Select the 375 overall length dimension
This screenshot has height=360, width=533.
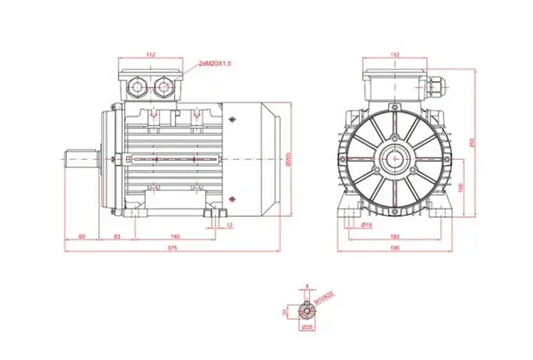tap(172, 247)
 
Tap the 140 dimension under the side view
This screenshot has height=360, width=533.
tap(174, 237)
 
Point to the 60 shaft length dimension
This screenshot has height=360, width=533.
tap(81, 237)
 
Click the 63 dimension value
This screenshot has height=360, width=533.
tap(117, 237)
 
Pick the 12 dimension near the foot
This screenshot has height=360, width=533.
tap(230, 225)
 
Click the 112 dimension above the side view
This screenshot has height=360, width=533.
tap(151, 54)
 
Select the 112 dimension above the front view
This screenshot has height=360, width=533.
tap(395, 54)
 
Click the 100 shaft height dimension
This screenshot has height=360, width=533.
tap(464, 185)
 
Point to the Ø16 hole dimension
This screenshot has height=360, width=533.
tap(366, 225)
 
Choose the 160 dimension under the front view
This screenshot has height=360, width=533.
tap(395, 237)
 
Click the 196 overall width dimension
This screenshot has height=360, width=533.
tap(395, 247)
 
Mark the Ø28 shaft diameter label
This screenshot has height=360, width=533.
tap(306, 327)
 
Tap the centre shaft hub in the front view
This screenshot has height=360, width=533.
tap(395, 157)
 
